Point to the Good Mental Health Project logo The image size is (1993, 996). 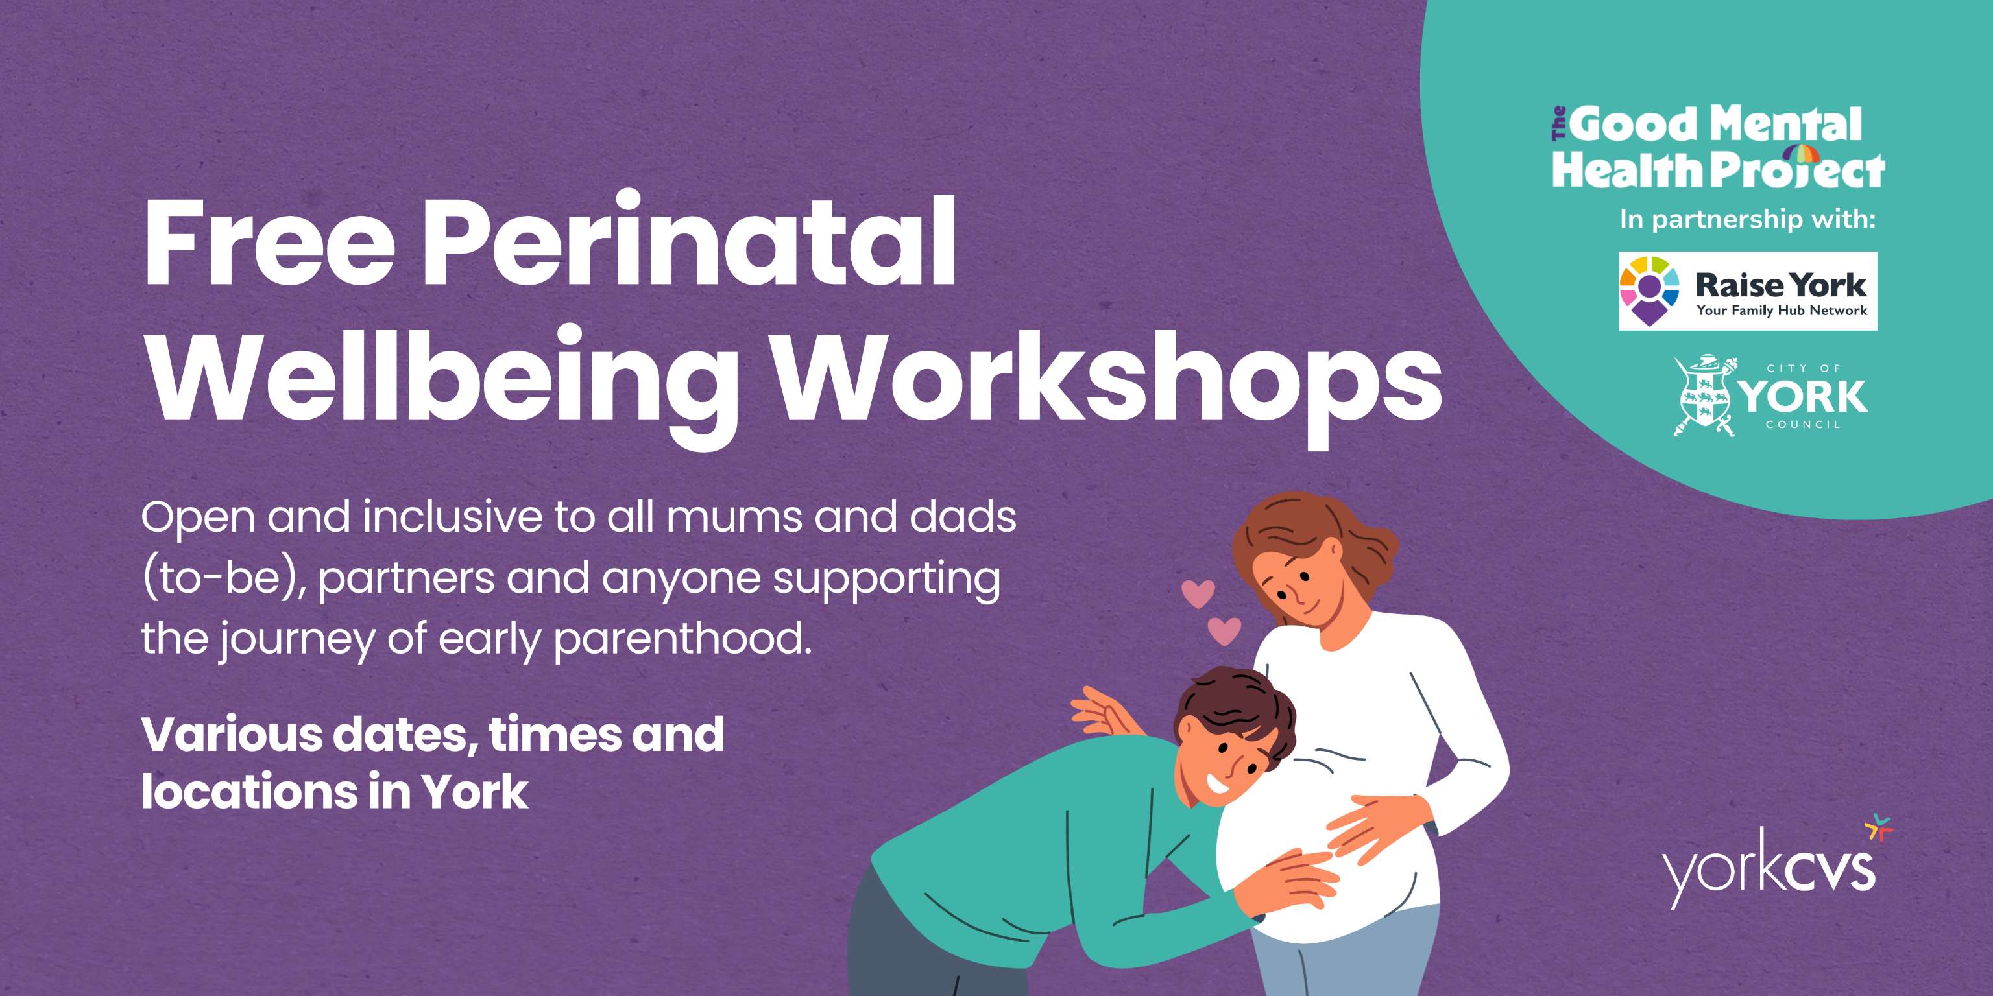click(1717, 148)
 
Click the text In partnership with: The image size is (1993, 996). click(1748, 220)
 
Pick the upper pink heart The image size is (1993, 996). click(1198, 593)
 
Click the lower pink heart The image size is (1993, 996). click(1224, 630)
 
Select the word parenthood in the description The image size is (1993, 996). click(683, 639)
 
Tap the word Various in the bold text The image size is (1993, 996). click(232, 735)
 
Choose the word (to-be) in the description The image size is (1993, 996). click(224, 578)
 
